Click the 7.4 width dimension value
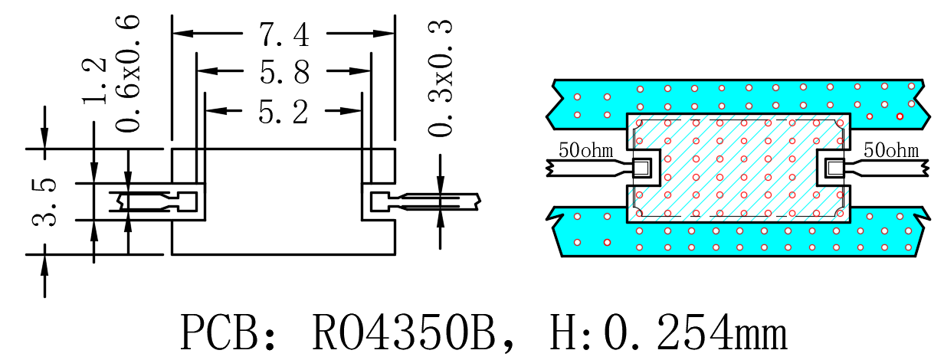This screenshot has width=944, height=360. (284, 34)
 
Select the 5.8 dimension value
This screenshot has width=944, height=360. (284, 71)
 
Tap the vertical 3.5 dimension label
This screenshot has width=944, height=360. (44, 202)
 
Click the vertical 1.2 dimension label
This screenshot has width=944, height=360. (94, 80)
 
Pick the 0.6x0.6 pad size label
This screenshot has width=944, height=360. (127, 74)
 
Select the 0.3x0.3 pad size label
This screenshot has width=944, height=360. (440, 78)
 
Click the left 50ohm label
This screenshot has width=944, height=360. (585, 150)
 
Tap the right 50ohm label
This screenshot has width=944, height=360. (891, 150)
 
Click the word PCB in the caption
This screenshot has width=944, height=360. (218, 332)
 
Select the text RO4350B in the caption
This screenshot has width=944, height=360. (403, 332)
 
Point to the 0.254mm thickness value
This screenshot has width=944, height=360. (696, 332)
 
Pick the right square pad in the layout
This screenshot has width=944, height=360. (834, 168)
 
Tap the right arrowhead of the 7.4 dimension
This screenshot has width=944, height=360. (384, 33)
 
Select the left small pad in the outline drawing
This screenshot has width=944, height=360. (188, 201)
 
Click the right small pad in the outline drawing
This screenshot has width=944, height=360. (380, 201)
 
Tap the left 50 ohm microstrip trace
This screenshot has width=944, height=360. (589, 168)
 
